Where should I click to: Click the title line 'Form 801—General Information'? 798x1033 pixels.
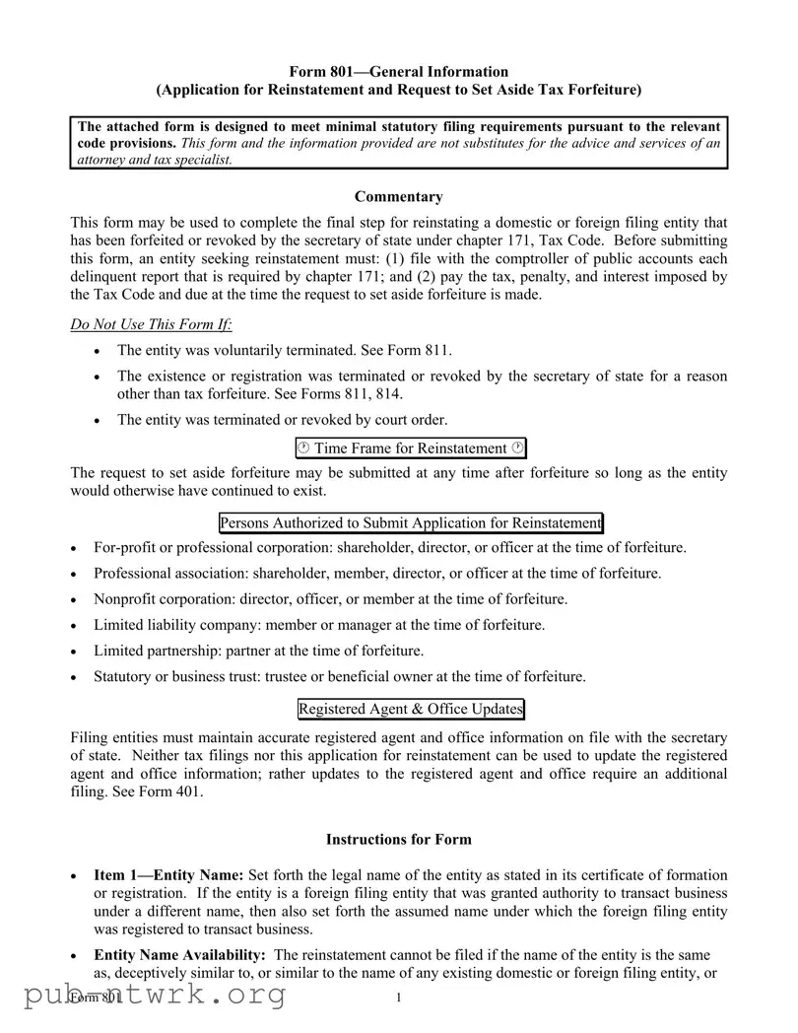398,71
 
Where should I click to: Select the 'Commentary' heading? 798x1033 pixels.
398,197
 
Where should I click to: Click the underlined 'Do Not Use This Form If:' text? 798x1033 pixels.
152,325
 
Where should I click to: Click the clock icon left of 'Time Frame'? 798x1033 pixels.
304,448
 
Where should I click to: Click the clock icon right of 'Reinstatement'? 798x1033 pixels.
517,448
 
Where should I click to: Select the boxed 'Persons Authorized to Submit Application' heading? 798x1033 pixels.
410,522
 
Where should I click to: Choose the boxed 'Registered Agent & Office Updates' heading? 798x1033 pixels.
410,709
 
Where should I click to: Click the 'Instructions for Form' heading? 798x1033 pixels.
398,840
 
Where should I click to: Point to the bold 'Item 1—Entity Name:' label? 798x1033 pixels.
168,875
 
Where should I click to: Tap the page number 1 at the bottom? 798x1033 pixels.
398,999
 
